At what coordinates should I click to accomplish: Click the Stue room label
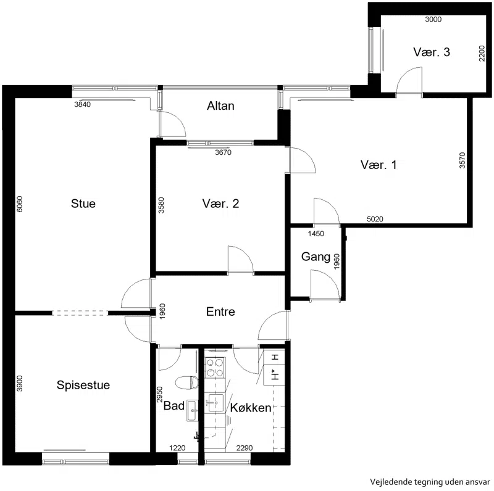coord(83,204)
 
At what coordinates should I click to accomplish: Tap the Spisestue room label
coord(83,385)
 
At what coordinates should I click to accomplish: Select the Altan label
coord(220,105)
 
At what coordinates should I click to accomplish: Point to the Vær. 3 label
coord(432,52)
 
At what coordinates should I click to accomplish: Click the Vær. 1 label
coord(379,165)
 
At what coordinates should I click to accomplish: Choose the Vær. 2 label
coord(220,204)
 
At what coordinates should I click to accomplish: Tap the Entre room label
coord(220,312)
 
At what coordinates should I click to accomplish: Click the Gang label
coord(316,257)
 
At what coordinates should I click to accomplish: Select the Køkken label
coord(251,408)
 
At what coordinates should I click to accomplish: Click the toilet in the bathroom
coord(186,382)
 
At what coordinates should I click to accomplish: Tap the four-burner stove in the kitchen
coord(216,368)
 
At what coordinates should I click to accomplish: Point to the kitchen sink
coord(216,403)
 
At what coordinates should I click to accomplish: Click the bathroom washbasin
coord(193,410)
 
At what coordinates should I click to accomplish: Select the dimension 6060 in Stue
coord(20,204)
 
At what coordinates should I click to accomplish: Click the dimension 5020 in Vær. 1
coord(375,219)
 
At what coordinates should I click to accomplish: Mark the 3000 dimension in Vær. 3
coord(433,19)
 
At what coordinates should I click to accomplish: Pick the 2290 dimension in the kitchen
coord(245,448)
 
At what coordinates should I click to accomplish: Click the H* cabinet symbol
coord(275,375)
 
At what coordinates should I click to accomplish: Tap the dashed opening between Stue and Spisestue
coord(80,313)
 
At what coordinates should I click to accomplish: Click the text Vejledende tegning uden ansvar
coord(430,482)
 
